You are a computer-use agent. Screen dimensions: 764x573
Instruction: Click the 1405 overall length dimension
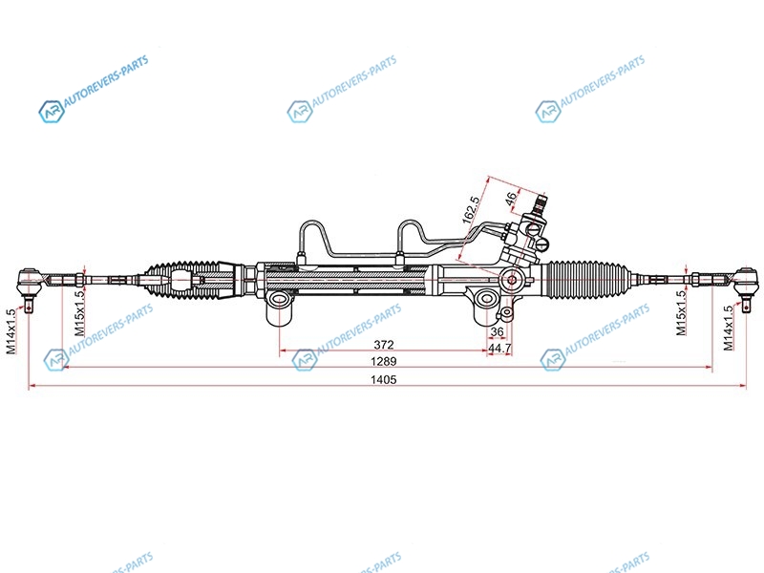pos(384,379)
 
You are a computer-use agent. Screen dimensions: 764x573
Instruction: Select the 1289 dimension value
pos(384,362)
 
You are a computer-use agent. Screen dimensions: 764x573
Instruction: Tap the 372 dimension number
pos(384,345)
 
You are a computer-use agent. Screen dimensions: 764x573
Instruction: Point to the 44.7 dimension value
pos(499,349)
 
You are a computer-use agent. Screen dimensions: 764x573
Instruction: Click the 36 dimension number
pos(497,331)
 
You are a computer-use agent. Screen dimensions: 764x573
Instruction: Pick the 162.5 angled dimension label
pos(471,209)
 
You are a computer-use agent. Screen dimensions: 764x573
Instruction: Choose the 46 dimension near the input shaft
pos(511,199)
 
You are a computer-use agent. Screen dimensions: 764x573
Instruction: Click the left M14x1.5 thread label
pos(11,331)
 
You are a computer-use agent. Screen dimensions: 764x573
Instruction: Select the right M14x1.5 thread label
pos(728,328)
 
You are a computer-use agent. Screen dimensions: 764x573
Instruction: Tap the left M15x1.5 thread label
pos(79,313)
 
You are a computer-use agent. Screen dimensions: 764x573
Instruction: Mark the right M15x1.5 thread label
pos(681,313)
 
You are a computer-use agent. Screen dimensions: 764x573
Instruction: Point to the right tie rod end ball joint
pos(746,282)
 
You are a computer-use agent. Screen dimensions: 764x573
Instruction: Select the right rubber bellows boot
pos(587,279)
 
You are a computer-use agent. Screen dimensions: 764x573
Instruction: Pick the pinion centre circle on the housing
pos(512,280)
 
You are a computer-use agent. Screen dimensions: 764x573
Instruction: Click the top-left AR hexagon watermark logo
pos(52,112)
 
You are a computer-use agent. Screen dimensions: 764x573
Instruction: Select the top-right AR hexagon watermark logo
pos(547,112)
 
